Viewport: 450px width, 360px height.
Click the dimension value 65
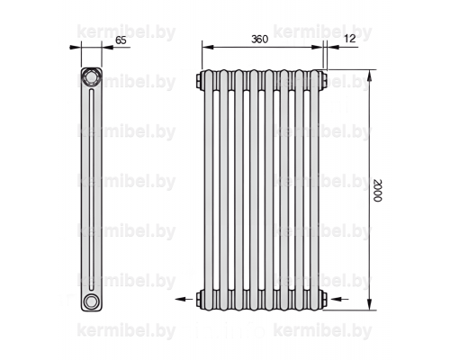coord(121,40)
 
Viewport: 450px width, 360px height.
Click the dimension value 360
coord(259,39)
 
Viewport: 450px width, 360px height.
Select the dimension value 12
coord(350,39)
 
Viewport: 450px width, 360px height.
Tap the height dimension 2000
coord(377,191)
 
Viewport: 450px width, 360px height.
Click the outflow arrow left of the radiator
coord(184,299)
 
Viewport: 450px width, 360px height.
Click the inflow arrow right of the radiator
coord(339,299)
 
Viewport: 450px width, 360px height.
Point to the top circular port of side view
coord(90,77)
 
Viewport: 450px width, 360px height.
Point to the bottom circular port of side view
coord(90,301)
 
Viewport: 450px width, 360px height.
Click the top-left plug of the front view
coord(199,80)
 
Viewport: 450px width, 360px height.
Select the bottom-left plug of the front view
coord(199,299)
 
